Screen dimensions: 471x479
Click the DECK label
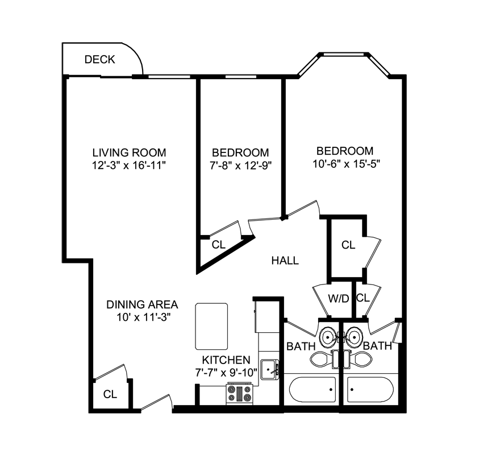click(x=99, y=59)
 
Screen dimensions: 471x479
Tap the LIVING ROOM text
click(x=129, y=152)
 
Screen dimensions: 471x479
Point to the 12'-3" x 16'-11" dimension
click(x=129, y=165)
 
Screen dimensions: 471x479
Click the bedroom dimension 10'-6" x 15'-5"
click(x=345, y=164)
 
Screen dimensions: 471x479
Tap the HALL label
click(x=285, y=261)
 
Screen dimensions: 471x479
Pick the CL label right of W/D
click(x=363, y=298)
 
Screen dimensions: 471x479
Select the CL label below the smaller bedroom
click(x=218, y=245)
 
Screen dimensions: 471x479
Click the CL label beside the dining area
click(x=110, y=394)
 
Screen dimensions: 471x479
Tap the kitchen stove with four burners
click(x=240, y=393)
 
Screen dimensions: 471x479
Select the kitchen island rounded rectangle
click(x=212, y=326)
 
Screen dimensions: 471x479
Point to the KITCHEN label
click(x=226, y=360)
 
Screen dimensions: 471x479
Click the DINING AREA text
click(x=142, y=304)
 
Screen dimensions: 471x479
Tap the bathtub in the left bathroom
click(x=311, y=390)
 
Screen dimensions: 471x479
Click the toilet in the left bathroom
click(x=321, y=358)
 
